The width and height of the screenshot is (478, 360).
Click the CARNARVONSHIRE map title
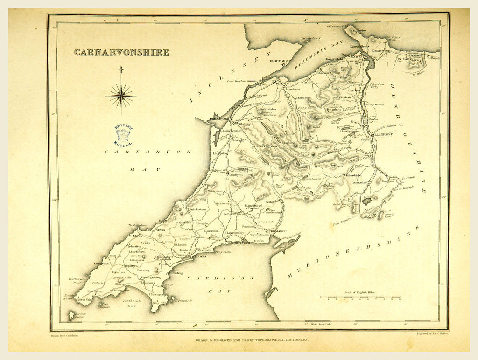[x=121, y=52]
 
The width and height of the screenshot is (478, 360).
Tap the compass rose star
[x=121, y=97]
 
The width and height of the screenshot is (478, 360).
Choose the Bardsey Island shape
[x=71, y=316]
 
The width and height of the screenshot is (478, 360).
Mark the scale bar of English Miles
[x=360, y=297]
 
